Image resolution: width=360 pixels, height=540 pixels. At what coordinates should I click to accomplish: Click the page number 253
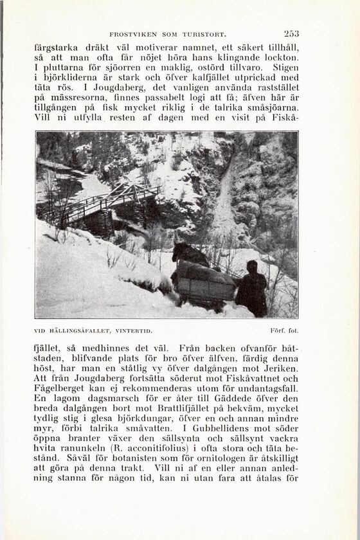click(291, 33)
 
